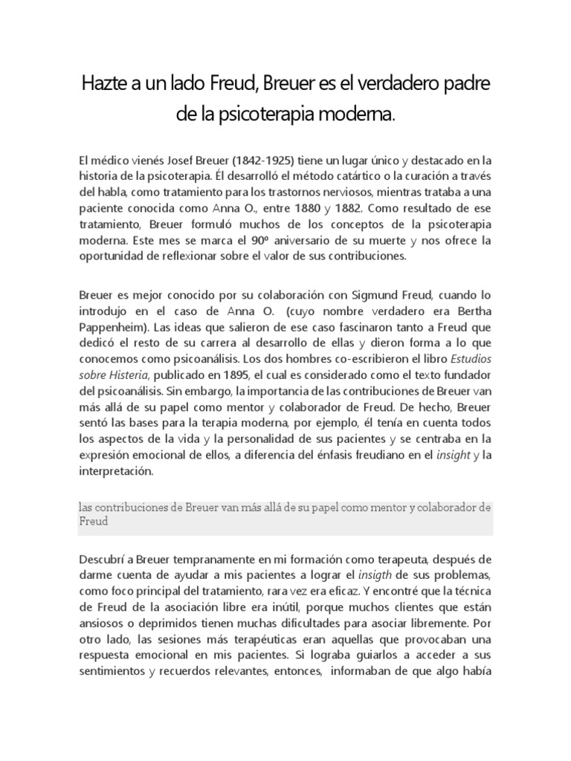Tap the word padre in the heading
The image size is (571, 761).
(x=465, y=85)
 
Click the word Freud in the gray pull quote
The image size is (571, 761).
(x=94, y=522)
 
